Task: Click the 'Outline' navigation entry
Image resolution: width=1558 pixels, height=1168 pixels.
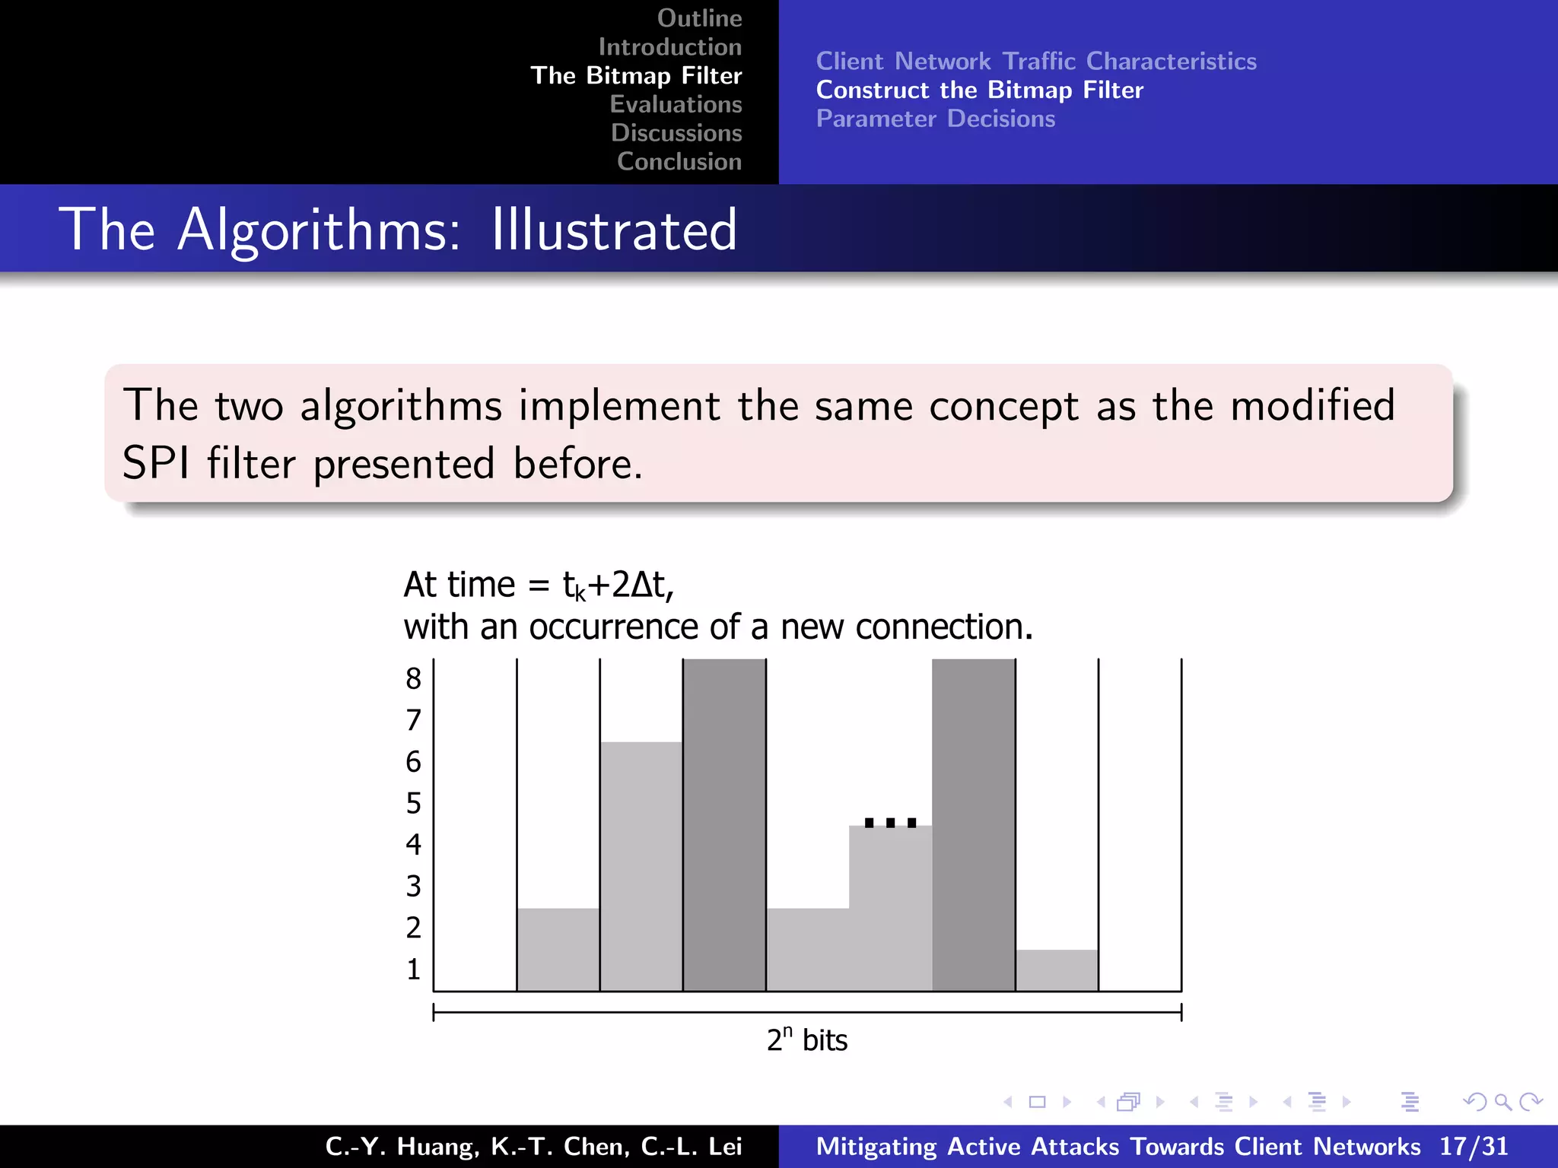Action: tap(699, 18)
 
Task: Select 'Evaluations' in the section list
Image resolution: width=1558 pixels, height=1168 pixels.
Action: tap(676, 104)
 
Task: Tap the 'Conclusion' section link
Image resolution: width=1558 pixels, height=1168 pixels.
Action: tap(679, 161)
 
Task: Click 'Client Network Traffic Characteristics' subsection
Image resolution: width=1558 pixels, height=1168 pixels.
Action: tap(1035, 61)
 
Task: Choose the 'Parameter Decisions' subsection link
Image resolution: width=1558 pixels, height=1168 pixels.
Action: tap(935, 119)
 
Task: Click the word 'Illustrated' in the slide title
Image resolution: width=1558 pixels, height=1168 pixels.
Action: tap(614, 230)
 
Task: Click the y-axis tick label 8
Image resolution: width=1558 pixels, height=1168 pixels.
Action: tap(413, 678)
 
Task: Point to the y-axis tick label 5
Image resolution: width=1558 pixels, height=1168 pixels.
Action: tap(413, 803)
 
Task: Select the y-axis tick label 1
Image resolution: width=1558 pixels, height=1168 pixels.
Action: tap(413, 970)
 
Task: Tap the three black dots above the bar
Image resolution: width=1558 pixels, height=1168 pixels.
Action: tap(890, 822)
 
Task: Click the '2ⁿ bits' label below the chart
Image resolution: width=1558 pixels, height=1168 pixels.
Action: tap(806, 1040)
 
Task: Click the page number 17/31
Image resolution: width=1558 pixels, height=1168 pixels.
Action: tap(1473, 1146)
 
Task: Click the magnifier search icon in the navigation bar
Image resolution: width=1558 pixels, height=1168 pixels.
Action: tap(1502, 1101)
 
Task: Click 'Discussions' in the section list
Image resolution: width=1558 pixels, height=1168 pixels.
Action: tap(676, 133)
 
